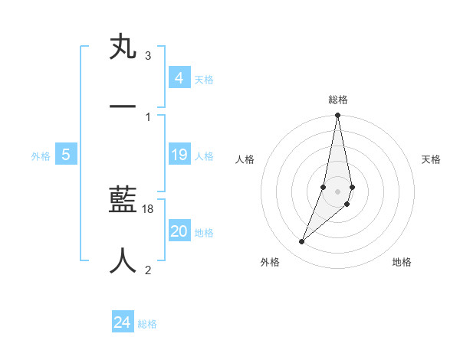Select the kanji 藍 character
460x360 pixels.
(x=123, y=201)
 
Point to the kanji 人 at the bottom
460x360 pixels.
(x=123, y=260)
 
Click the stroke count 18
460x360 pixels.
(x=148, y=209)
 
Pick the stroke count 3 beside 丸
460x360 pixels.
(x=148, y=56)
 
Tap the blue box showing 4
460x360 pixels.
(x=179, y=78)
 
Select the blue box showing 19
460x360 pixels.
(x=179, y=155)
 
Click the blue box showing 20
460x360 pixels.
(x=179, y=232)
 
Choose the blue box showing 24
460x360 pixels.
(x=123, y=323)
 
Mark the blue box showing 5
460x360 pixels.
(x=66, y=155)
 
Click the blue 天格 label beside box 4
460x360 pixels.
(x=204, y=80)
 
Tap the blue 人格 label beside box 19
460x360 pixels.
(x=204, y=156)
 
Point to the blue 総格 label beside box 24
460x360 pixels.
(x=147, y=324)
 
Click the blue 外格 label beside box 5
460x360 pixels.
(x=41, y=156)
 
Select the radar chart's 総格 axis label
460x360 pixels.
(x=338, y=100)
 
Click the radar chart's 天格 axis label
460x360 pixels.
(x=431, y=159)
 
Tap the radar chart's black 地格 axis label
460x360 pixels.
(x=402, y=262)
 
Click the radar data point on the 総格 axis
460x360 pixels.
(x=337, y=116)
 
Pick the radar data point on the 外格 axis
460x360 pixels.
(x=302, y=241)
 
